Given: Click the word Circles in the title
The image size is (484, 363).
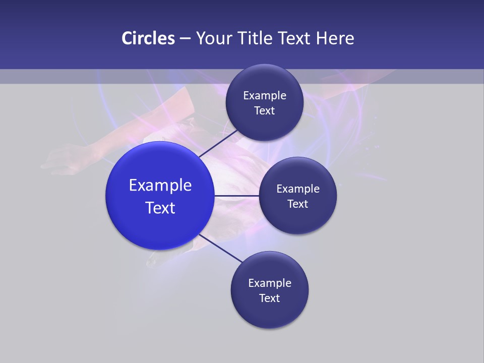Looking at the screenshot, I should pos(148,38).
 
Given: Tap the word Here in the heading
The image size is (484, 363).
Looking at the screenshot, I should pos(335,38).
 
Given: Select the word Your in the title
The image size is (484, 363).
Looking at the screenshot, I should pos(212,38).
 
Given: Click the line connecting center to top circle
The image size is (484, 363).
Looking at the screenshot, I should pos(218,144).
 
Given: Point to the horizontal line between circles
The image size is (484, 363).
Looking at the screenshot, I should pos(237,196).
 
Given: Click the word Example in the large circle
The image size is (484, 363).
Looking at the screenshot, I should pos(160,186).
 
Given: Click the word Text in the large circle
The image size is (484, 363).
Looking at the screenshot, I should pos(160,208).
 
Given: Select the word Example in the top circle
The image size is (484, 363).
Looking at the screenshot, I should pos(265,96).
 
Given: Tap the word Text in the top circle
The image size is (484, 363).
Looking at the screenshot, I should pos(265,111).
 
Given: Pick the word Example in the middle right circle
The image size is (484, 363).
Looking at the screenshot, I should pos(298,189).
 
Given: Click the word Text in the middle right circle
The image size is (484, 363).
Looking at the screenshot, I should pos(298,204).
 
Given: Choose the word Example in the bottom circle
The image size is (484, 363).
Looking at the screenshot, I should pos(270,283).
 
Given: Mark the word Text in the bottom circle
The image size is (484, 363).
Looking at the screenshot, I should pos(270,298).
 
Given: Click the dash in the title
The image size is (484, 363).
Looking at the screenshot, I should pos(185,39).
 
